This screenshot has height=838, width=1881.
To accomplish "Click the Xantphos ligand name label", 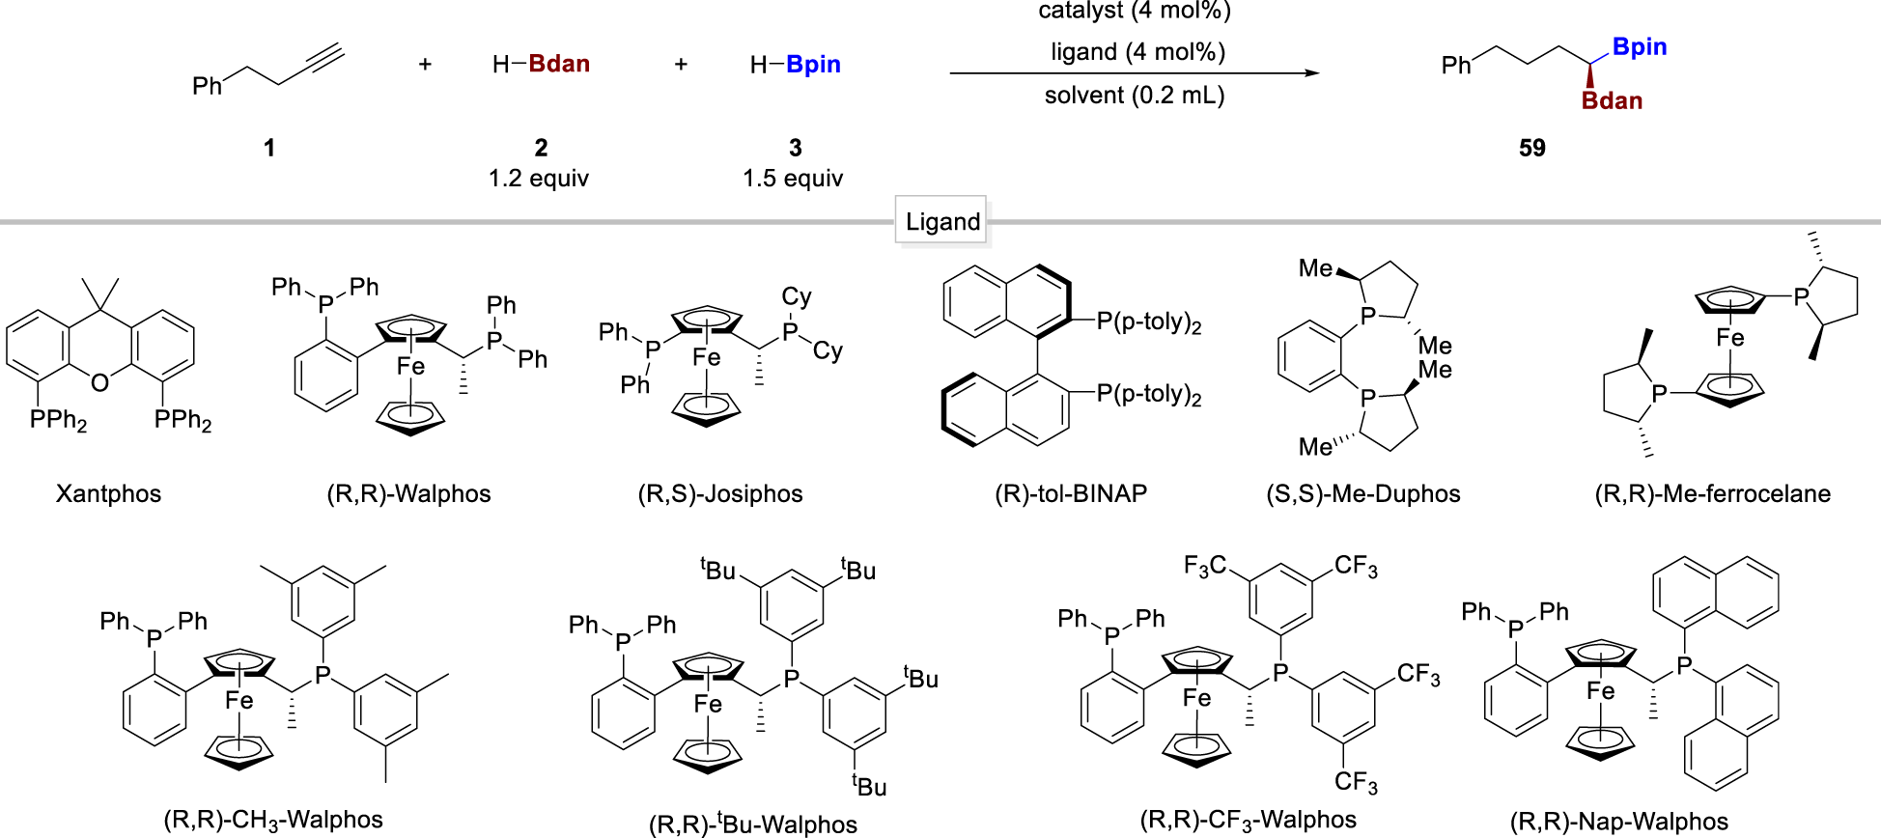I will (108, 493).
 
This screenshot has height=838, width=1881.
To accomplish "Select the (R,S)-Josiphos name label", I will (720, 493).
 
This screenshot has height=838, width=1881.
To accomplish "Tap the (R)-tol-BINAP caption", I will (1071, 493).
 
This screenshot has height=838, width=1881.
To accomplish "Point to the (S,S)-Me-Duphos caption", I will (1362, 493).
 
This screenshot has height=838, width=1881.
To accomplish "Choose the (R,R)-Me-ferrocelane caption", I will (1712, 493).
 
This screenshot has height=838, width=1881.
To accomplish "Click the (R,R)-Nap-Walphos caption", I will (1619, 821).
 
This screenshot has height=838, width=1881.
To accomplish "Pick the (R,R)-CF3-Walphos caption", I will (1248, 820).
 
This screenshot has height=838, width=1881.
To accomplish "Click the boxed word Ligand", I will (942, 222).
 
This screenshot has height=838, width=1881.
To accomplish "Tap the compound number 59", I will (1531, 148).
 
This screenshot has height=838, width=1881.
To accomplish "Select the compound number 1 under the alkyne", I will (269, 148).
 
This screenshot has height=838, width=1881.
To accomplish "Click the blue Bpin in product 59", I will (1640, 47).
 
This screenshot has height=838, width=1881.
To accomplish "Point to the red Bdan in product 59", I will (1612, 101).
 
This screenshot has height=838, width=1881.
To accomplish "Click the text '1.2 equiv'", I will (539, 179).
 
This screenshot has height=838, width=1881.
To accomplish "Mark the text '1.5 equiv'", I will (793, 179).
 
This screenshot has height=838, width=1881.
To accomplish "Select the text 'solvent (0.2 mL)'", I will (1135, 96).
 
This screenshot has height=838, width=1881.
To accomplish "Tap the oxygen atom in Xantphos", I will (100, 383).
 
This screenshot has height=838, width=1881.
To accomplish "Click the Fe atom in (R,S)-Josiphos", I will (707, 358).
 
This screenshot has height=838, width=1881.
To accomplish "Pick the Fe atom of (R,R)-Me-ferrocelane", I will (1729, 338).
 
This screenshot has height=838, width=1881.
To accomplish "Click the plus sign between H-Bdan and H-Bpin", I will (681, 65).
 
